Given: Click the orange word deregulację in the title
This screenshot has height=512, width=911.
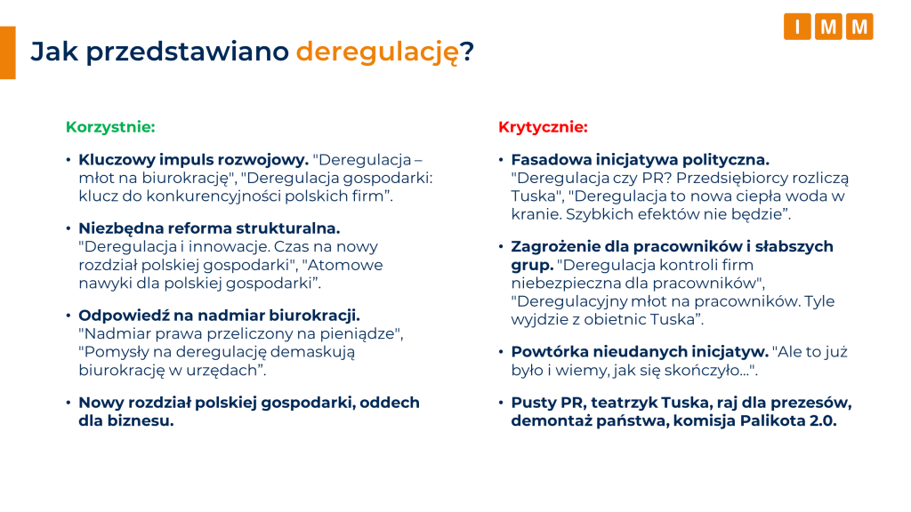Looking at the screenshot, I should (377, 52).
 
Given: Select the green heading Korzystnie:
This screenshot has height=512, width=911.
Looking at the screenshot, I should (110, 127).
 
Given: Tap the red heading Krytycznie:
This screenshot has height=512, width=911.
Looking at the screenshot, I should (543, 127).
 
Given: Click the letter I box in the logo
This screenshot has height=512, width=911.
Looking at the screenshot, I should (797, 27).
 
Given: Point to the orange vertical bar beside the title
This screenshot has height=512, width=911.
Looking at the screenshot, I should (7, 52).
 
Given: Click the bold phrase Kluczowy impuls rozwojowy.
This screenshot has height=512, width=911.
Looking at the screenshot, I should (193, 161).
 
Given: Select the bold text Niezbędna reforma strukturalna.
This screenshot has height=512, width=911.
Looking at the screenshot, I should (209, 228).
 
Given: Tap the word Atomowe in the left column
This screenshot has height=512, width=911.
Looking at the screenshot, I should (353, 265).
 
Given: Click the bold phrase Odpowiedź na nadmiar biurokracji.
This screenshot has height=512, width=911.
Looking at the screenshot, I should (219, 315).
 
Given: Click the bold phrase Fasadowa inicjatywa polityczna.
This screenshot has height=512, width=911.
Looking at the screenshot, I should (640, 161).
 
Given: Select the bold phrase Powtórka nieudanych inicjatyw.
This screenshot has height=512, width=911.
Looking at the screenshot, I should (639, 351).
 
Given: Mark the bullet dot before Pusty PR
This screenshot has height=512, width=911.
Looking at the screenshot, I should (501, 403).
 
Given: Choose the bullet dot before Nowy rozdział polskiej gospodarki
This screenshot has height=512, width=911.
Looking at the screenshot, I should (69, 403).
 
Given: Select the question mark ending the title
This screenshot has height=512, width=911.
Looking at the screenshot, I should (467, 52).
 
